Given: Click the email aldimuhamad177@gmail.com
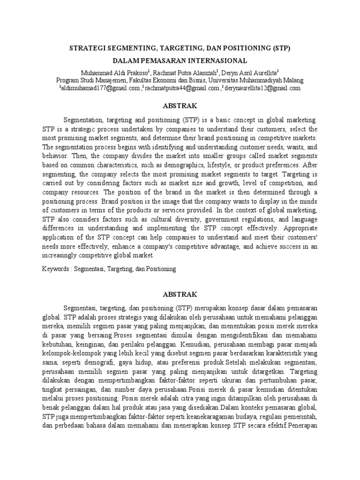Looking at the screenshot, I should point(100,88).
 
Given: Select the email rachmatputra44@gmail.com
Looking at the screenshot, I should point(182,88).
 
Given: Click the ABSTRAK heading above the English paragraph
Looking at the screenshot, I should point(180,105).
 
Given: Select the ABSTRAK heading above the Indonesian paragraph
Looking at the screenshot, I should point(180,294).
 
